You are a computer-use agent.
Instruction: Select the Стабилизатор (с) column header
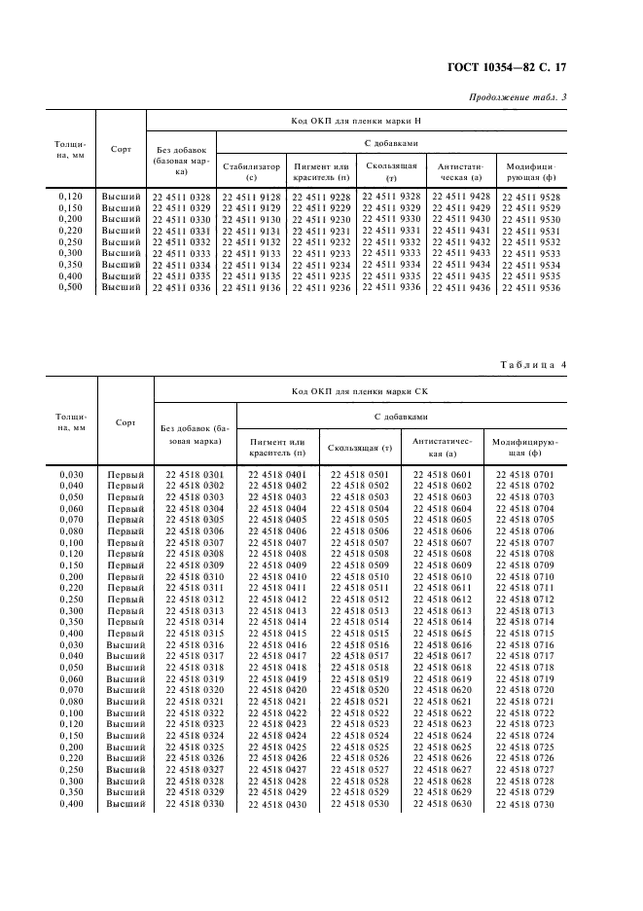[x=251, y=172]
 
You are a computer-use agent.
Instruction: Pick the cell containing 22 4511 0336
[x=181, y=287]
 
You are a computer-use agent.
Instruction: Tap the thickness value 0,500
[x=71, y=287]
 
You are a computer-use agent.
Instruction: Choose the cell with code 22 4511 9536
[x=530, y=288]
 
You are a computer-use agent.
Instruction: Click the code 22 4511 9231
[x=322, y=231]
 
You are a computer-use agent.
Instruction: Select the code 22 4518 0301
[x=195, y=474]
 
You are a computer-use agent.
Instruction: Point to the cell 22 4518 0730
[x=524, y=804]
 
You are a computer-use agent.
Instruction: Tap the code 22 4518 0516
[x=360, y=644]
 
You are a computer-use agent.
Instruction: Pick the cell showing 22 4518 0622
[x=443, y=712]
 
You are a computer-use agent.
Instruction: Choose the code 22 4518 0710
[x=524, y=577]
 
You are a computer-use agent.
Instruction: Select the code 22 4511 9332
[x=391, y=241]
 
